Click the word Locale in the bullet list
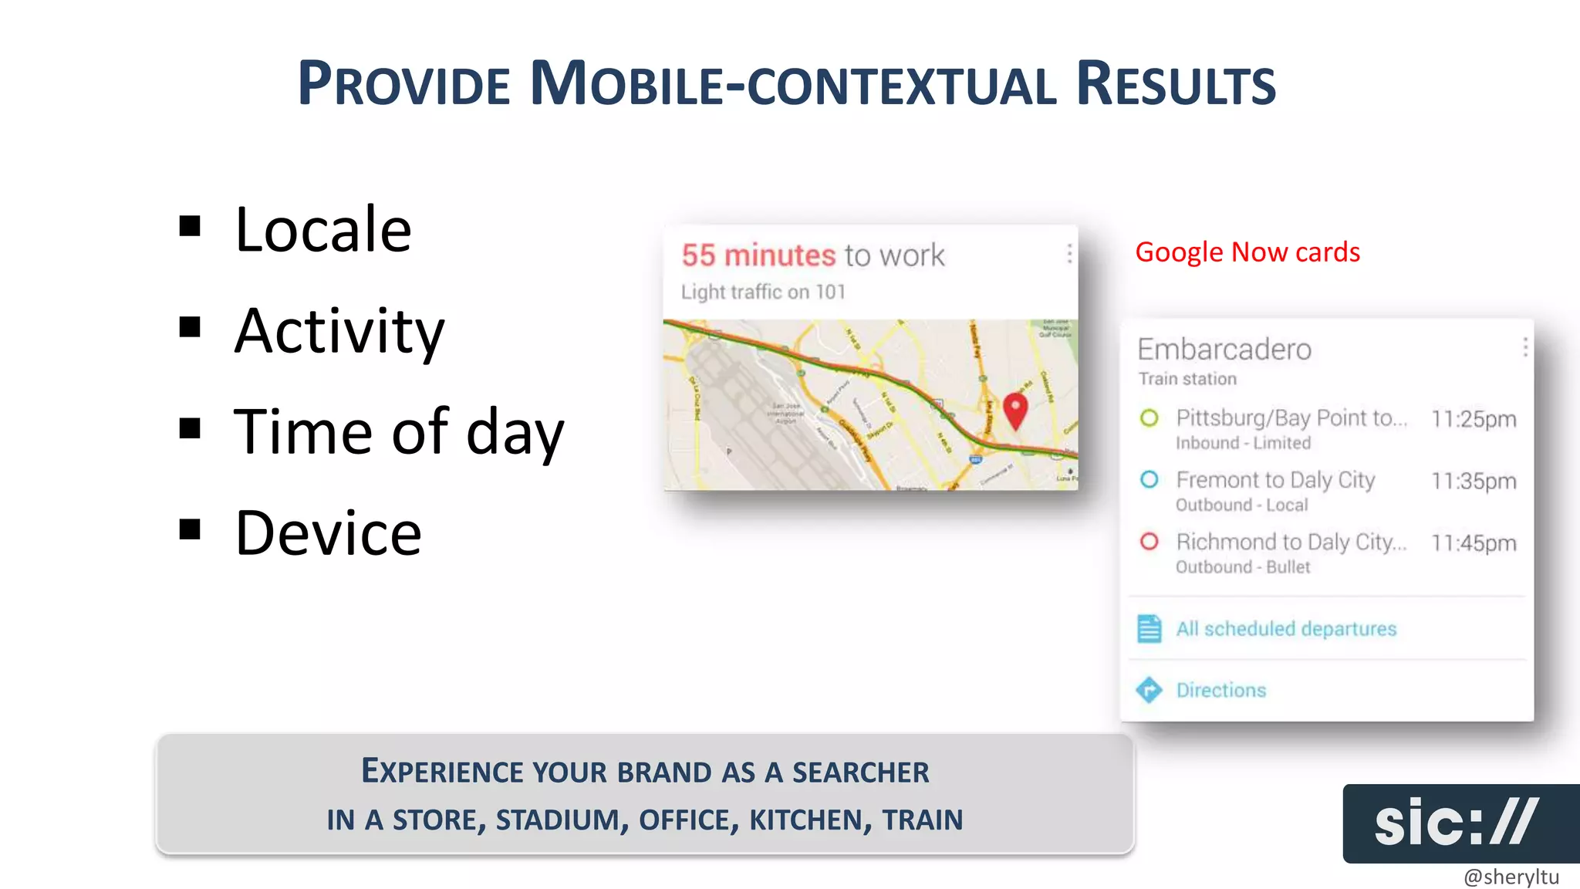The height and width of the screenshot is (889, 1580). pyautogui.click(x=323, y=230)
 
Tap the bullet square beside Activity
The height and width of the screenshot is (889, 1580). pyautogui.click(x=190, y=327)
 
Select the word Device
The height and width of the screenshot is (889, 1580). pyautogui.click(x=328, y=533)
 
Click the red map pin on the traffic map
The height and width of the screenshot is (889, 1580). pyautogui.click(x=1015, y=409)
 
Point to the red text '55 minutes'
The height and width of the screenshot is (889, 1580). pyautogui.click(x=758, y=255)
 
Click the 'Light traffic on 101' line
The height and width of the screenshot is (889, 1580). pyautogui.click(x=763, y=292)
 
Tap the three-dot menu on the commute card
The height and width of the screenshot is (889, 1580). pyautogui.click(x=1069, y=254)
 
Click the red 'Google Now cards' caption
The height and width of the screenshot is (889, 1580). pyautogui.click(x=1247, y=252)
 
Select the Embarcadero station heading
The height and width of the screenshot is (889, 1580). pyautogui.click(x=1224, y=350)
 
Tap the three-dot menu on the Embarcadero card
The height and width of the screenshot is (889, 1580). pyautogui.click(x=1524, y=347)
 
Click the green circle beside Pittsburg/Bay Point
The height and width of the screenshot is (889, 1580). pyautogui.click(x=1149, y=418)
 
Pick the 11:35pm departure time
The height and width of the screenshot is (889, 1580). pyautogui.click(x=1474, y=482)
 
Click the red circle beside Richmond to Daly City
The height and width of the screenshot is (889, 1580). pyautogui.click(x=1149, y=542)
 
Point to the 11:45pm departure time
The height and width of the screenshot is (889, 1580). pyautogui.click(x=1474, y=543)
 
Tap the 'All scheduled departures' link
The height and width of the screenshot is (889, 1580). pyautogui.click(x=1286, y=629)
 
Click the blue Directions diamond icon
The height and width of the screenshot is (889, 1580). pyautogui.click(x=1149, y=690)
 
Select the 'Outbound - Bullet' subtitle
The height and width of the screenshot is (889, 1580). pyautogui.click(x=1243, y=567)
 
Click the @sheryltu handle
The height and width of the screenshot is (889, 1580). pyautogui.click(x=1511, y=877)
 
